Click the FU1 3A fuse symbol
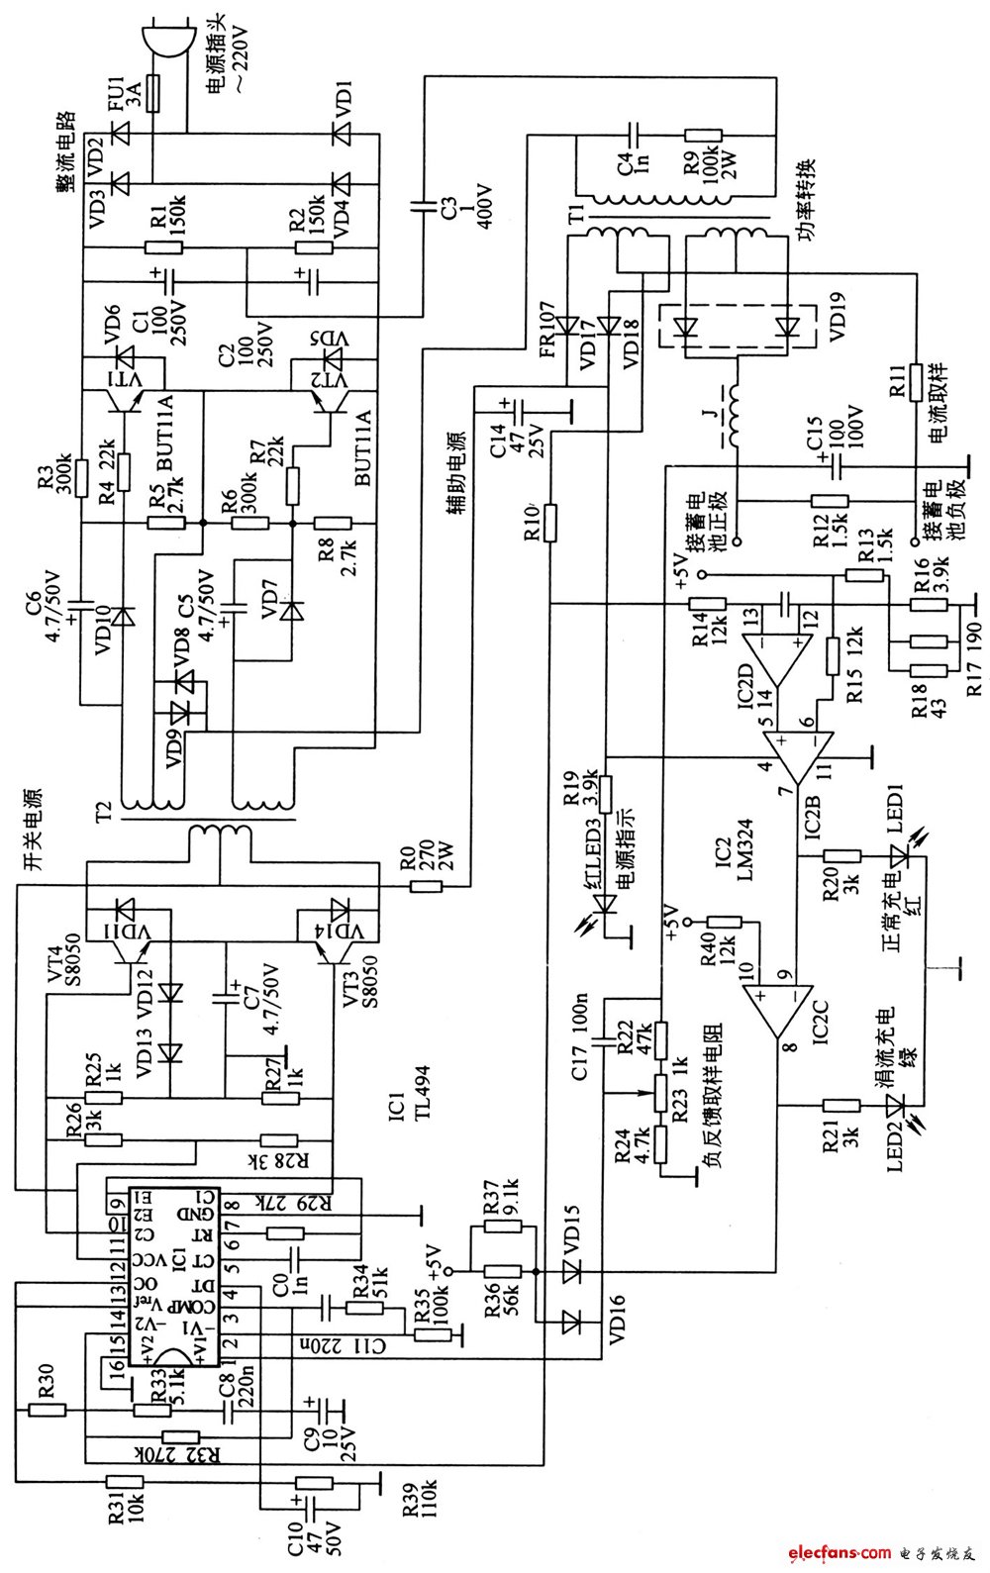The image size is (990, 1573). point(152,94)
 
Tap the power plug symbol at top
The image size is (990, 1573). point(163,40)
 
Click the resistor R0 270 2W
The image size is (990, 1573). point(426,886)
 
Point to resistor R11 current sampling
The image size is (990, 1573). point(917,380)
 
